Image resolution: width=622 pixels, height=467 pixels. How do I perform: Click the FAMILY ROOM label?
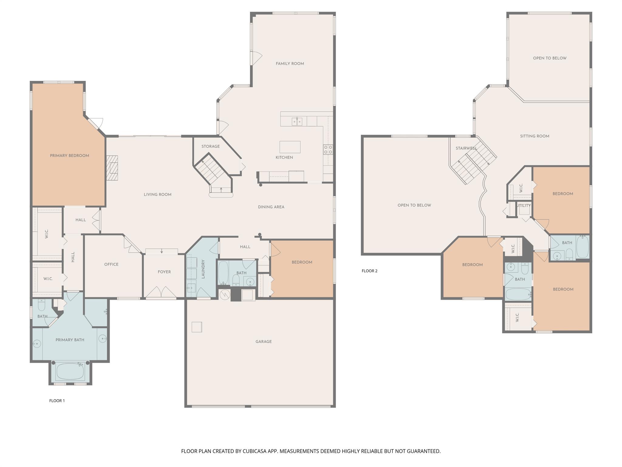[290, 64]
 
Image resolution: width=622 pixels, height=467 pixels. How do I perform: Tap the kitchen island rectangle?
[290, 147]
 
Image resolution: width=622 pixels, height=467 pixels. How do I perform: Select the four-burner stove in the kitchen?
[328, 149]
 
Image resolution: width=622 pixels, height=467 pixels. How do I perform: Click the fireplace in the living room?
[112, 168]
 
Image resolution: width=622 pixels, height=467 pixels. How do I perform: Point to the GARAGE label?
[263, 341]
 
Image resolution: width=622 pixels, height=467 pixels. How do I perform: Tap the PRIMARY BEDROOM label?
[70, 156]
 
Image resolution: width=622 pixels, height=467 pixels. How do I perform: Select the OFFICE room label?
[111, 264]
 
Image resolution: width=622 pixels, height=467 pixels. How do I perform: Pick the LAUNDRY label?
[203, 269]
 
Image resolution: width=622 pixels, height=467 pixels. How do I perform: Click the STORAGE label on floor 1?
[210, 146]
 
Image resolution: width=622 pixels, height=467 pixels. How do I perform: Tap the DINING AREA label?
[271, 207]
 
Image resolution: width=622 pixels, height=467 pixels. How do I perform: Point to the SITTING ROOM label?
[535, 136]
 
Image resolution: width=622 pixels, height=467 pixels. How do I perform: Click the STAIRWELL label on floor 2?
[466, 148]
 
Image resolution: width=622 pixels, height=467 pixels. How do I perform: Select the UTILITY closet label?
[524, 206]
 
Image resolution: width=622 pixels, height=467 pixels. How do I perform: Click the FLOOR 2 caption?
[369, 271]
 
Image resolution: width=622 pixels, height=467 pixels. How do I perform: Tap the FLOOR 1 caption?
[57, 401]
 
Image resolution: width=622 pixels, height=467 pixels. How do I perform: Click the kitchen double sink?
[297, 121]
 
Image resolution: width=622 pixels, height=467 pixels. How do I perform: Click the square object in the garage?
[197, 327]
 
